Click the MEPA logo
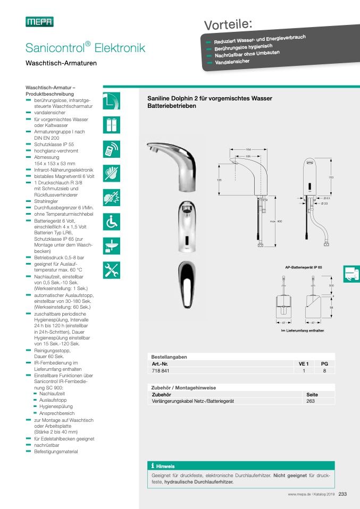(39, 21)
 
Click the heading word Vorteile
(228, 24)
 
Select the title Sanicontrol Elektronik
(85, 48)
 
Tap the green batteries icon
(112, 125)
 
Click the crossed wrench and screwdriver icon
(112, 269)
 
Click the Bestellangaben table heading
(169, 357)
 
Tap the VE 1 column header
(304, 364)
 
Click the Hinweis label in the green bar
(165, 466)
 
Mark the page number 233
(342, 495)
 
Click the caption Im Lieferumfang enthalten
(302, 331)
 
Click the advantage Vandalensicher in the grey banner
(232, 62)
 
